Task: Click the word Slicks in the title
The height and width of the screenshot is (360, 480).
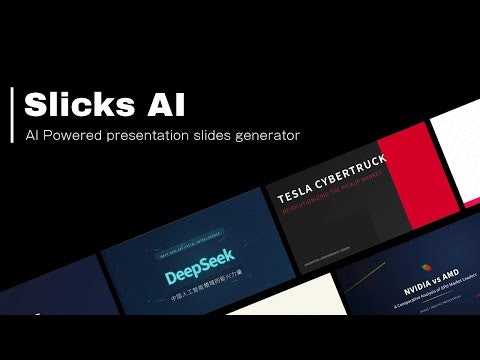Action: coord(81,104)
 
